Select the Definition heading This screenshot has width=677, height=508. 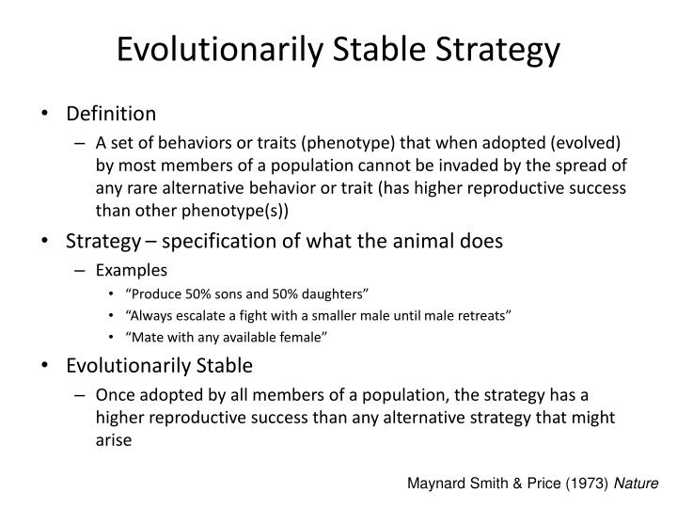(x=110, y=114)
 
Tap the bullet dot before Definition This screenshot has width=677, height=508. (x=46, y=114)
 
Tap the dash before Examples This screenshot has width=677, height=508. (x=85, y=269)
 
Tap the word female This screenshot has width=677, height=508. (x=298, y=337)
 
